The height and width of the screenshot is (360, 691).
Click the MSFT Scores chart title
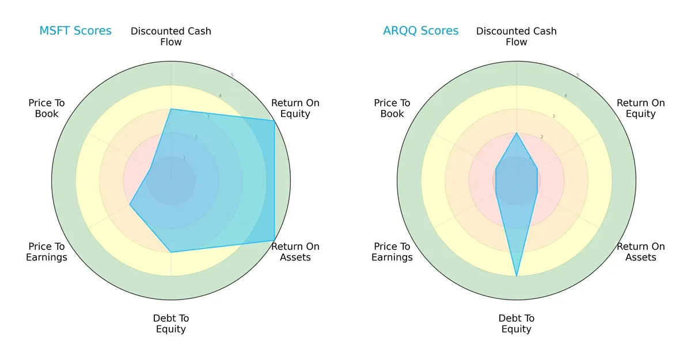click(x=75, y=31)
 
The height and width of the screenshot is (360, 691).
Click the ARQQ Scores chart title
click(x=421, y=31)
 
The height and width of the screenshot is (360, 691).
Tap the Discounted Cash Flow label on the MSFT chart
click(x=171, y=36)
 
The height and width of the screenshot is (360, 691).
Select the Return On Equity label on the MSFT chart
click(x=295, y=108)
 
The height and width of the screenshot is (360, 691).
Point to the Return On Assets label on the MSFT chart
click(x=295, y=252)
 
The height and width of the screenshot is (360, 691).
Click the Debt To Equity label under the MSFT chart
click(x=171, y=324)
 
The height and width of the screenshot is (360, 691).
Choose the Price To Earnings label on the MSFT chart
click(x=47, y=252)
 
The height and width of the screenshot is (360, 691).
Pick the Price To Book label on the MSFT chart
click(x=47, y=108)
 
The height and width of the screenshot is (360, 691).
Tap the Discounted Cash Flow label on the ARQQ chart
click(x=517, y=36)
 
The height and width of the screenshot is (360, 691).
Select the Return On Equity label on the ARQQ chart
click(x=641, y=108)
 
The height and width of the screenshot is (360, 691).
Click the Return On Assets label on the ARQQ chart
click(x=641, y=252)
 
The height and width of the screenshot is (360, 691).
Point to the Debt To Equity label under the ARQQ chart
click(x=517, y=324)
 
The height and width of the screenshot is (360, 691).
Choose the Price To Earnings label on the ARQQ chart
click(x=392, y=252)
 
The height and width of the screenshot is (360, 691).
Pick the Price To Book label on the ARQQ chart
click(x=392, y=108)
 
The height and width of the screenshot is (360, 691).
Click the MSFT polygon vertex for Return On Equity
click(x=274, y=120)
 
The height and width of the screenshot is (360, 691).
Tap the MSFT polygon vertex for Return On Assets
click(x=274, y=240)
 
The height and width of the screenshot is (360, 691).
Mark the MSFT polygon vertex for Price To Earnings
click(x=130, y=204)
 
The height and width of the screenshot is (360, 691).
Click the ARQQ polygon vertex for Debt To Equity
click(x=517, y=276)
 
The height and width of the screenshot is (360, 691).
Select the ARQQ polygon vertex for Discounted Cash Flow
click(x=517, y=133)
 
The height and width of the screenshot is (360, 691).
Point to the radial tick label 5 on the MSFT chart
click(x=232, y=75)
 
